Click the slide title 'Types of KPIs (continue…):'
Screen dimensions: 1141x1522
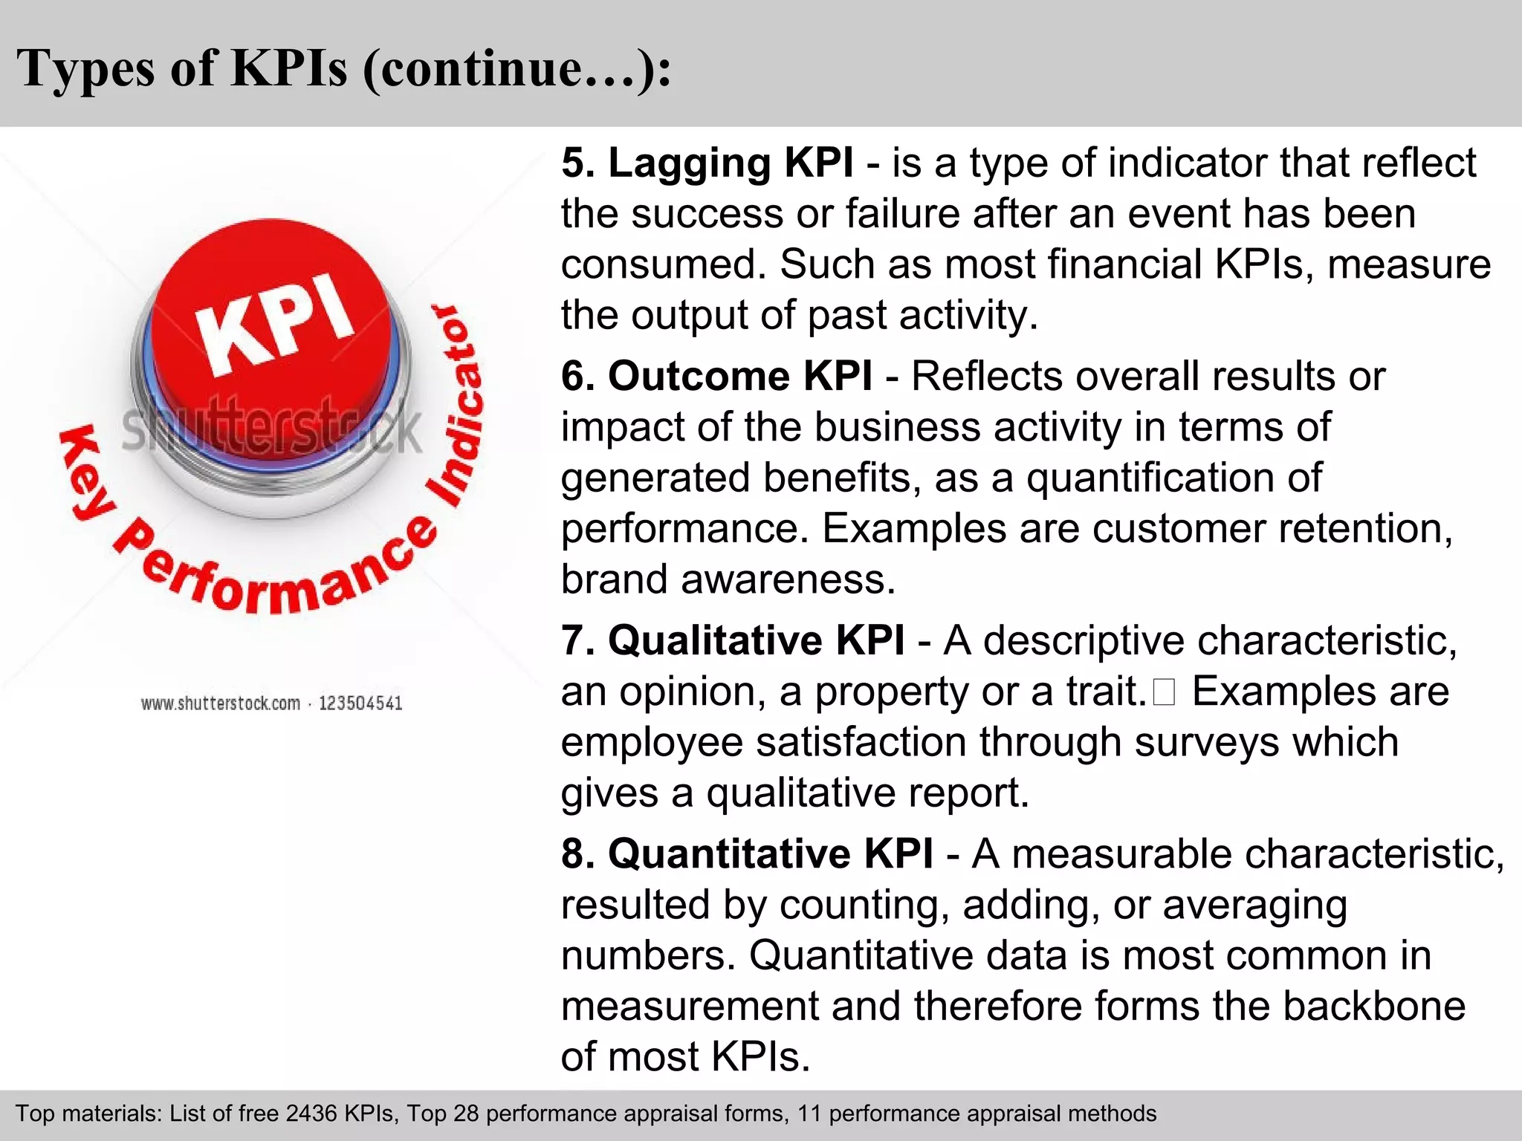343,68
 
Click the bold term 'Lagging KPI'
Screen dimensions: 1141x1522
730,163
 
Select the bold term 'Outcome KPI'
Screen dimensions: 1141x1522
739,376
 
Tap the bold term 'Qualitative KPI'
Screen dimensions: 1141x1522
756,640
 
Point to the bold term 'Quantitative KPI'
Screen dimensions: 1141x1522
770,854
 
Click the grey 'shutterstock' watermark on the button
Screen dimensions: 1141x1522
271,430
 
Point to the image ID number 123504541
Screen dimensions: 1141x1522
360,703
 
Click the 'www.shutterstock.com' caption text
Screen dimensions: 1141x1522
221,703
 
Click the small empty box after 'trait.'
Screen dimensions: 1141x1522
1164,692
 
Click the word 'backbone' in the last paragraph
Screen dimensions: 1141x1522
1374,1007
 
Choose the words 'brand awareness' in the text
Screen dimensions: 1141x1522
728,579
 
